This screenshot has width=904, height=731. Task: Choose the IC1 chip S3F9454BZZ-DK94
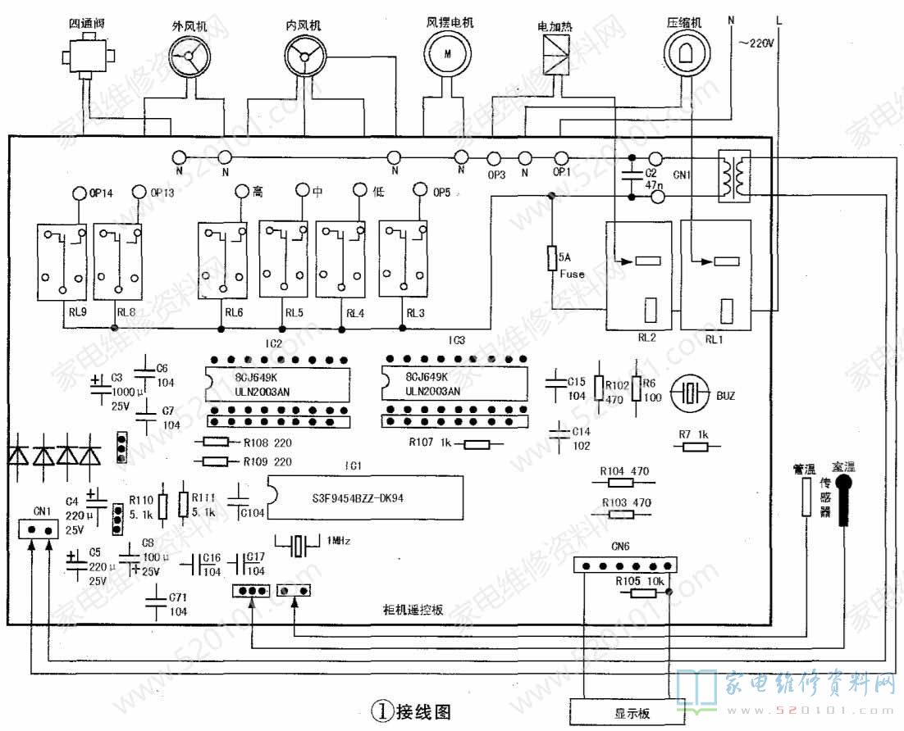363,497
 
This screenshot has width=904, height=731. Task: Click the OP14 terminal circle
78,193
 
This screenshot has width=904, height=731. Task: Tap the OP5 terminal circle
419,192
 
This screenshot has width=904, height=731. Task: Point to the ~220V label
756,43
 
